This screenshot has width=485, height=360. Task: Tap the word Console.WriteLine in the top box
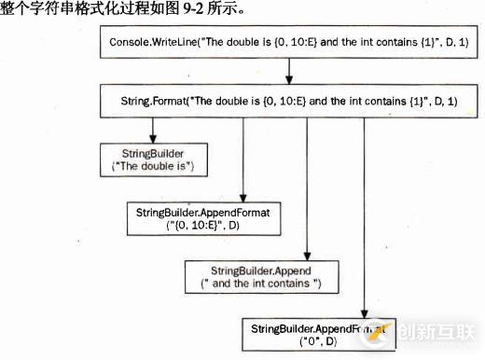(156, 44)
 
